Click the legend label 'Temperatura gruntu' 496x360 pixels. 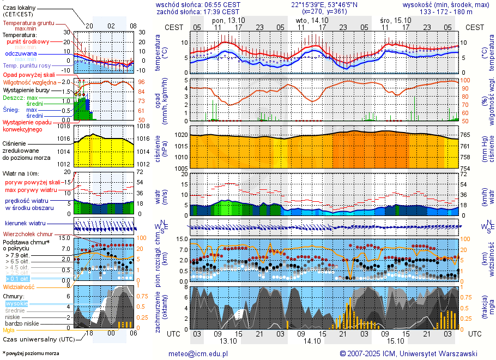[28, 23]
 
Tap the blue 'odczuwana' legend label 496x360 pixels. [21, 54]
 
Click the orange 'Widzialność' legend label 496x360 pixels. [19, 286]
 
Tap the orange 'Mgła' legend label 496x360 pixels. [9, 330]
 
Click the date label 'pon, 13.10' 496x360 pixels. [228, 20]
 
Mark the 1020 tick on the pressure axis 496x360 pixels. [181, 134]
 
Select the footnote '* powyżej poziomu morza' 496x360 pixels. [31, 353]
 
